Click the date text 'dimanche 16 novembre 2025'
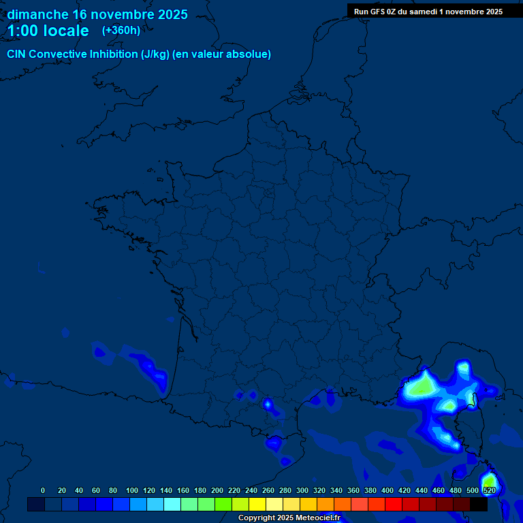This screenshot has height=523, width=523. point(97,14)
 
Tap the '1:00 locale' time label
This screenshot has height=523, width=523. point(48,31)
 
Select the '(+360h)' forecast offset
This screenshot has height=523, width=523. point(121,31)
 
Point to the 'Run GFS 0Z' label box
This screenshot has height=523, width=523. point(428,12)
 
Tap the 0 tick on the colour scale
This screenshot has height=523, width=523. point(43,490)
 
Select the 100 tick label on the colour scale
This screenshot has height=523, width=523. point(131,490)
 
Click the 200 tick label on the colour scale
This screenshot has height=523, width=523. point(217,490)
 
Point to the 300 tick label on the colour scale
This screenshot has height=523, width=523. point(302,490)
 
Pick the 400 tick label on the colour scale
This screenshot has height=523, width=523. point(387,490)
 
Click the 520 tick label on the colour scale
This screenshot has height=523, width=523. point(489,490)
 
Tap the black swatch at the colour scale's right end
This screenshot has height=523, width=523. point(479,505)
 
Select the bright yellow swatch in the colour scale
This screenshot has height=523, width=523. point(257,505)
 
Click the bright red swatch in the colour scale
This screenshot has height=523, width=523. point(394,505)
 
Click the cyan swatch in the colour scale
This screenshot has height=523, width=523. point(172,505)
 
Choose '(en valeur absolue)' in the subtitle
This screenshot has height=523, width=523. point(223,54)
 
